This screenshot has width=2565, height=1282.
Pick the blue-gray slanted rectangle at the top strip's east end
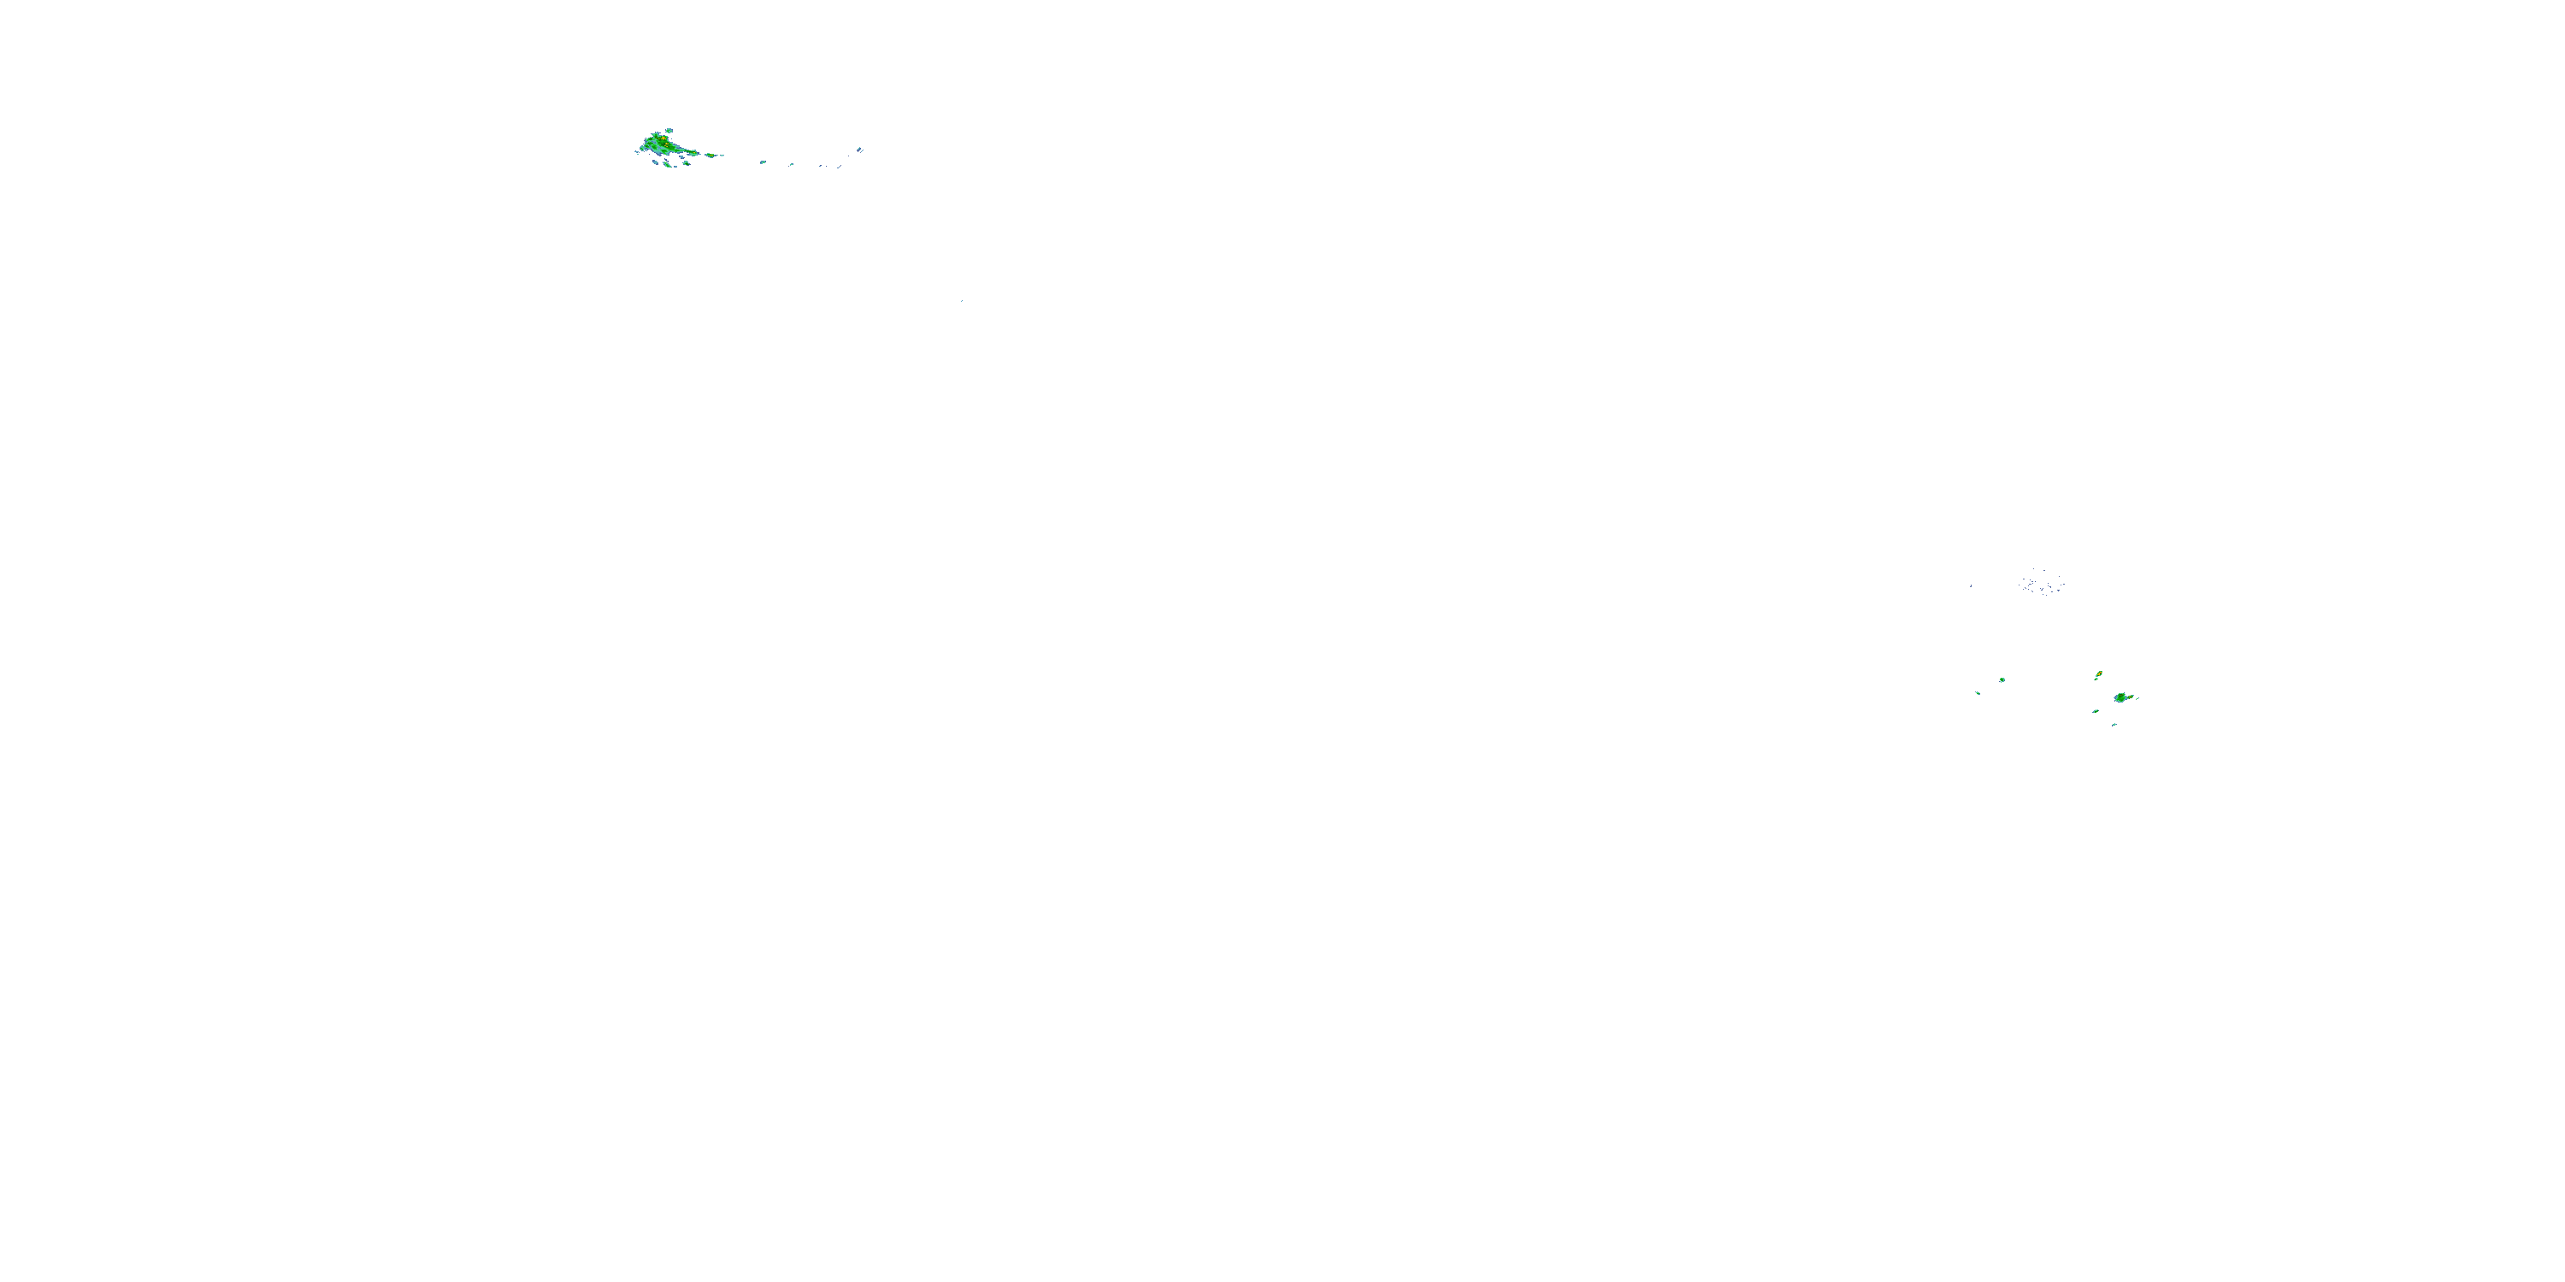[x=859, y=150]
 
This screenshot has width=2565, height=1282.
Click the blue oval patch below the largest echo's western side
[x=656, y=162]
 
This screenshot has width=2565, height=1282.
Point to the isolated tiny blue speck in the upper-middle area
[x=961, y=300]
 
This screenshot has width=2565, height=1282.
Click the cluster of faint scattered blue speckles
[x=2041, y=582]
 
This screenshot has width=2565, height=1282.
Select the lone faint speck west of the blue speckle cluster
[x=1972, y=586]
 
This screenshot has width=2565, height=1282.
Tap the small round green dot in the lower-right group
[x=2002, y=679]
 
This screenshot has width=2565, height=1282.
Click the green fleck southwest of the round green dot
[x=1978, y=693]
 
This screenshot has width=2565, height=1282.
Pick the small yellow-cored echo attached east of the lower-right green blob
[x=2132, y=697]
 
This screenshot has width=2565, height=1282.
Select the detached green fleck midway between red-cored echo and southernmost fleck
[x=2095, y=711]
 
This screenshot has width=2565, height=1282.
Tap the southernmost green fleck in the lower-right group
[x=2115, y=725]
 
